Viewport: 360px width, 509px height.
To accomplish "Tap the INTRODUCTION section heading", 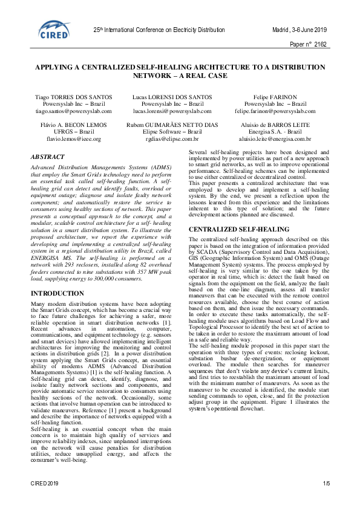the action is pos(57,293).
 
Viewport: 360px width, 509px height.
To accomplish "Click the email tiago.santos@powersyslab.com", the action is pos(70,111).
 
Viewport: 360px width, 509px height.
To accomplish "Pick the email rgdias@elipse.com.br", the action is pos(172,138).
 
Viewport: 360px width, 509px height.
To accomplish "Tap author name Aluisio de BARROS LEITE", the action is pos(272,124).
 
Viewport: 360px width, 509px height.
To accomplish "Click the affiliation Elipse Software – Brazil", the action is pos(172,131).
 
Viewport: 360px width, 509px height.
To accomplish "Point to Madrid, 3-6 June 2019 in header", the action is pos(299,29).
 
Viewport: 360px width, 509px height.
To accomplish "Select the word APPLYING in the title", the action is pos(56,68).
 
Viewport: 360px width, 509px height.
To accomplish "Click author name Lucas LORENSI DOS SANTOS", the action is pos(172,97).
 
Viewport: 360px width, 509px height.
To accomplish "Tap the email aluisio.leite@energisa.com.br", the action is pos(272,138).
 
